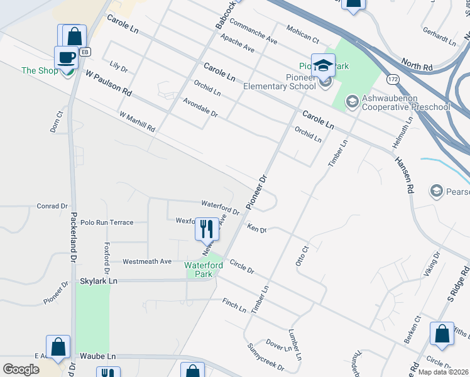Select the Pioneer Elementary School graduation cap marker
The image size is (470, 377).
click(x=323, y=65)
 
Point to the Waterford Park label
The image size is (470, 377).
click(x=204, y=270)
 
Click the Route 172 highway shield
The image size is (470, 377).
click(x=392, y=80)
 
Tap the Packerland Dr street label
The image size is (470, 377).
click(x=74, y=229)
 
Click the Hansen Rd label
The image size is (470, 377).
click(x=405, y=175)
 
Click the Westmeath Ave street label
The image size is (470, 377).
click(x=147, y=261)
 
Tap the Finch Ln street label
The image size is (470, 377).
click(x=234, y=306)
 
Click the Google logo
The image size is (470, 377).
click(x=21, y=369)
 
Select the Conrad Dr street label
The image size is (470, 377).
click(x=52, y=205)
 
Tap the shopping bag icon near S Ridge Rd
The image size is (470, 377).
click(x=442, y=334)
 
